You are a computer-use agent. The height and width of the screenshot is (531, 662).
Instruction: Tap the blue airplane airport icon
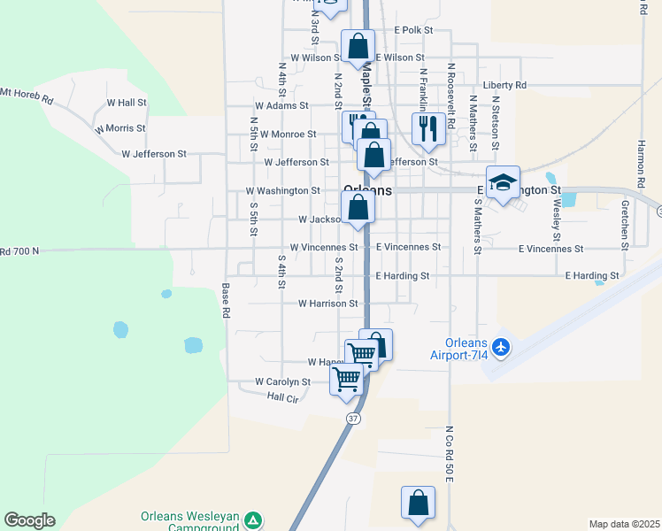[x=502, y=345]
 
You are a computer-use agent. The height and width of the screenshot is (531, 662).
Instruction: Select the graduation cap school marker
[x=503, y=183]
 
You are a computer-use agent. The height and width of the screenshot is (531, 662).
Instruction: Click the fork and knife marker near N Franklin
[x=428, y=129]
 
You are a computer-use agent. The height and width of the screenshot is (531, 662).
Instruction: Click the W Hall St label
[x=127, y=103]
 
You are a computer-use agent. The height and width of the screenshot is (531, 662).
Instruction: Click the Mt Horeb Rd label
[x=26, y=93]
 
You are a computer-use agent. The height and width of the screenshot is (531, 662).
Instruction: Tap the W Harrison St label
[x=327, y=303]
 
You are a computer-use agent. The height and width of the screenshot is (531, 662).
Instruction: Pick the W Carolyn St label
[x=282, y=381]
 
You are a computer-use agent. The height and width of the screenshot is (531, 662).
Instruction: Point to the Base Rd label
[x=227, y=301]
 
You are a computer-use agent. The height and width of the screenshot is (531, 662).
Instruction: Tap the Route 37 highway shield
[x=353, y=418]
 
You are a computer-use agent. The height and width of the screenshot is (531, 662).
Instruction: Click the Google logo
[x=29, y=520]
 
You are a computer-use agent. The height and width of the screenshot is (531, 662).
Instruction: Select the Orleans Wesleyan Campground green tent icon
[x=254, y=519]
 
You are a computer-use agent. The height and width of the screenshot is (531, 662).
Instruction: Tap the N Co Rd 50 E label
[x=450, y=453]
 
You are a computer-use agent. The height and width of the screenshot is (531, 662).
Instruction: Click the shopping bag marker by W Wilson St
[x=358, y=46]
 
